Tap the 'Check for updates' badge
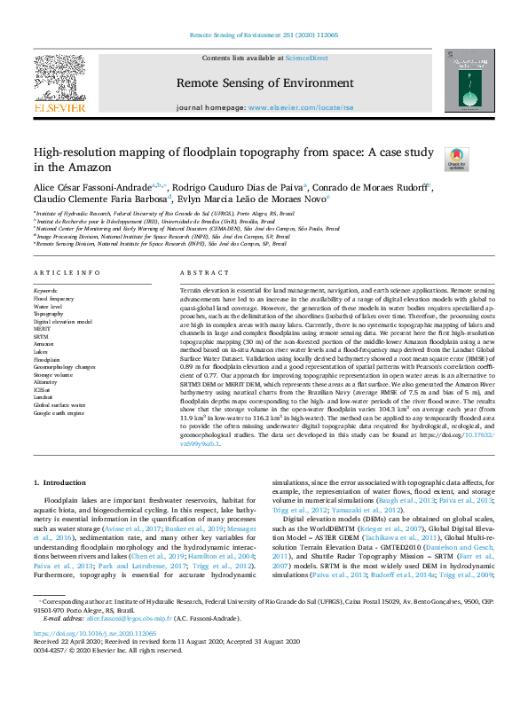(456, 160)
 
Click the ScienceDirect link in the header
(306, 59)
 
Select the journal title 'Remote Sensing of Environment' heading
(264, 82)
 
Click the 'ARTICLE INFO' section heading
(67, 273)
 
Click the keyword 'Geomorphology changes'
(65, 366)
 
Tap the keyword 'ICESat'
(43, 390)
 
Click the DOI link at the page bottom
(94, 658)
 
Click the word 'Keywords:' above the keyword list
(45, 290)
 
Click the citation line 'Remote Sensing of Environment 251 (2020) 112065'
(264, 35)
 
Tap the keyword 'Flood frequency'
(55, 299)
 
